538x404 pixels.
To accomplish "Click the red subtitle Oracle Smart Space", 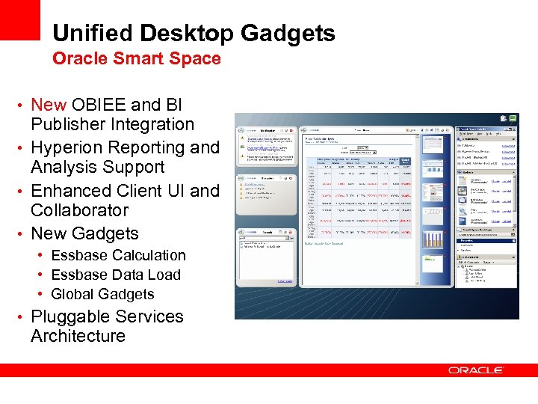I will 136,59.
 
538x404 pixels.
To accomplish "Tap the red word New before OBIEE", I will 49,105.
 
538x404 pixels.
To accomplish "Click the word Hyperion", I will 73,147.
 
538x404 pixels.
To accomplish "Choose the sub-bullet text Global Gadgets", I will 102,294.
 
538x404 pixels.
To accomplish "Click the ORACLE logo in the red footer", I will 476,370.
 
